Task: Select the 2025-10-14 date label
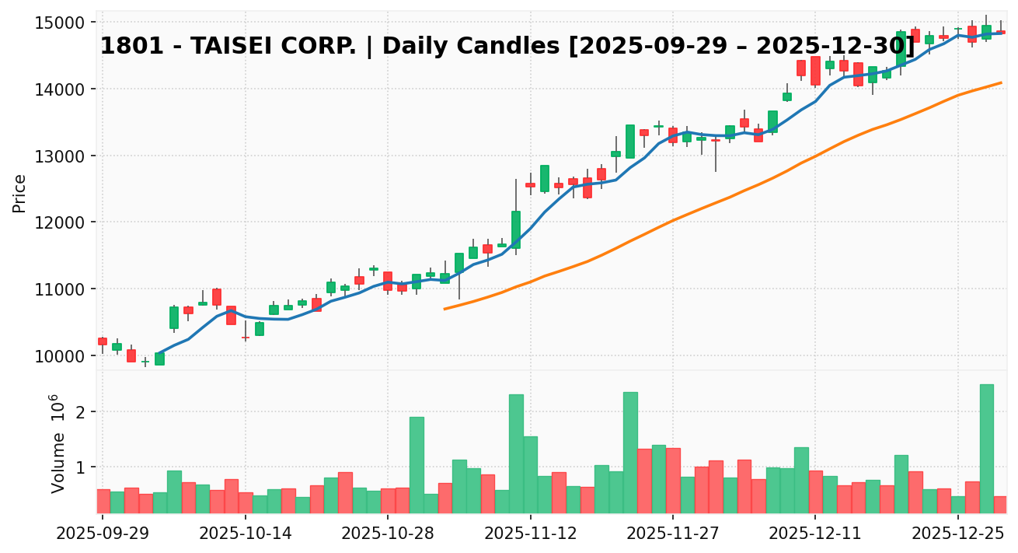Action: pos(245,534)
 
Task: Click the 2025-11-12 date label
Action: pos(530,534)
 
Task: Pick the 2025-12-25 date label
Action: pos(958,534)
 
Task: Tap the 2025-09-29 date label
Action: pos(103,534)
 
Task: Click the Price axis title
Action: pos(19,193)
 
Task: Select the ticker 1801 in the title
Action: pos(124,47)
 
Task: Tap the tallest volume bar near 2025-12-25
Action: pos(986,448)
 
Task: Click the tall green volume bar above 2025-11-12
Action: pos(516,453)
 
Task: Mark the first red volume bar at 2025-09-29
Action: pos(103,501)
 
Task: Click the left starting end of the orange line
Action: pos(445,309)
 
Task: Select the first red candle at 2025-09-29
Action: pos(103,341)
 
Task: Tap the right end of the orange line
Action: pos(1001,82)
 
